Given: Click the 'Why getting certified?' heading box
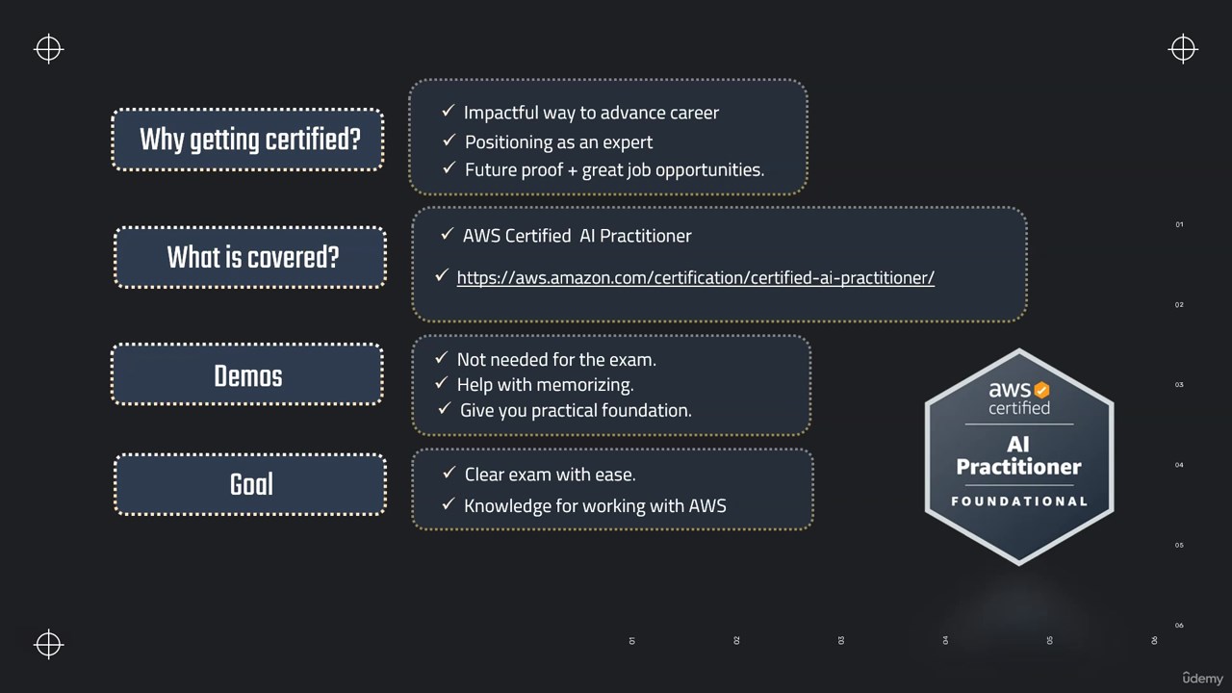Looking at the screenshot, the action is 247,140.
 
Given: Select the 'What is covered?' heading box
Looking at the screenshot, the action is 250,257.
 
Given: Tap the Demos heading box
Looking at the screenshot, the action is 247,374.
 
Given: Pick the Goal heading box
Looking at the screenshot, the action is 250,484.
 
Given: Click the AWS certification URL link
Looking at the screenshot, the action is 695,278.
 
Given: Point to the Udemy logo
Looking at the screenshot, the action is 1202,678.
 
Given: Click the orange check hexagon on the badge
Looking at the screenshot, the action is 1041,390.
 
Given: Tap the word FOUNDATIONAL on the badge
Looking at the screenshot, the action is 1019,501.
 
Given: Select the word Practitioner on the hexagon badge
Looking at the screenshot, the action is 1018,467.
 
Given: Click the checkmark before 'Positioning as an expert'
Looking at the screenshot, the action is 449,141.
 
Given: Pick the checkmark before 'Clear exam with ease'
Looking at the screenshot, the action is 449,473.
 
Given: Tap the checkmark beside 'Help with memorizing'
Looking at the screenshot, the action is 441,383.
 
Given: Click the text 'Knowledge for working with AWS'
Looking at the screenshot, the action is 595,506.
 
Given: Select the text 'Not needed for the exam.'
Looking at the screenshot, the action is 556,360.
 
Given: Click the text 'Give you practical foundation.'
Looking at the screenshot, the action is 576,411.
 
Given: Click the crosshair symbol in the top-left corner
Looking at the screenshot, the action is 48,49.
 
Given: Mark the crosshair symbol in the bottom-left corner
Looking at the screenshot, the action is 48,644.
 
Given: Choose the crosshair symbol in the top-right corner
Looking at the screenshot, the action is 1183,49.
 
